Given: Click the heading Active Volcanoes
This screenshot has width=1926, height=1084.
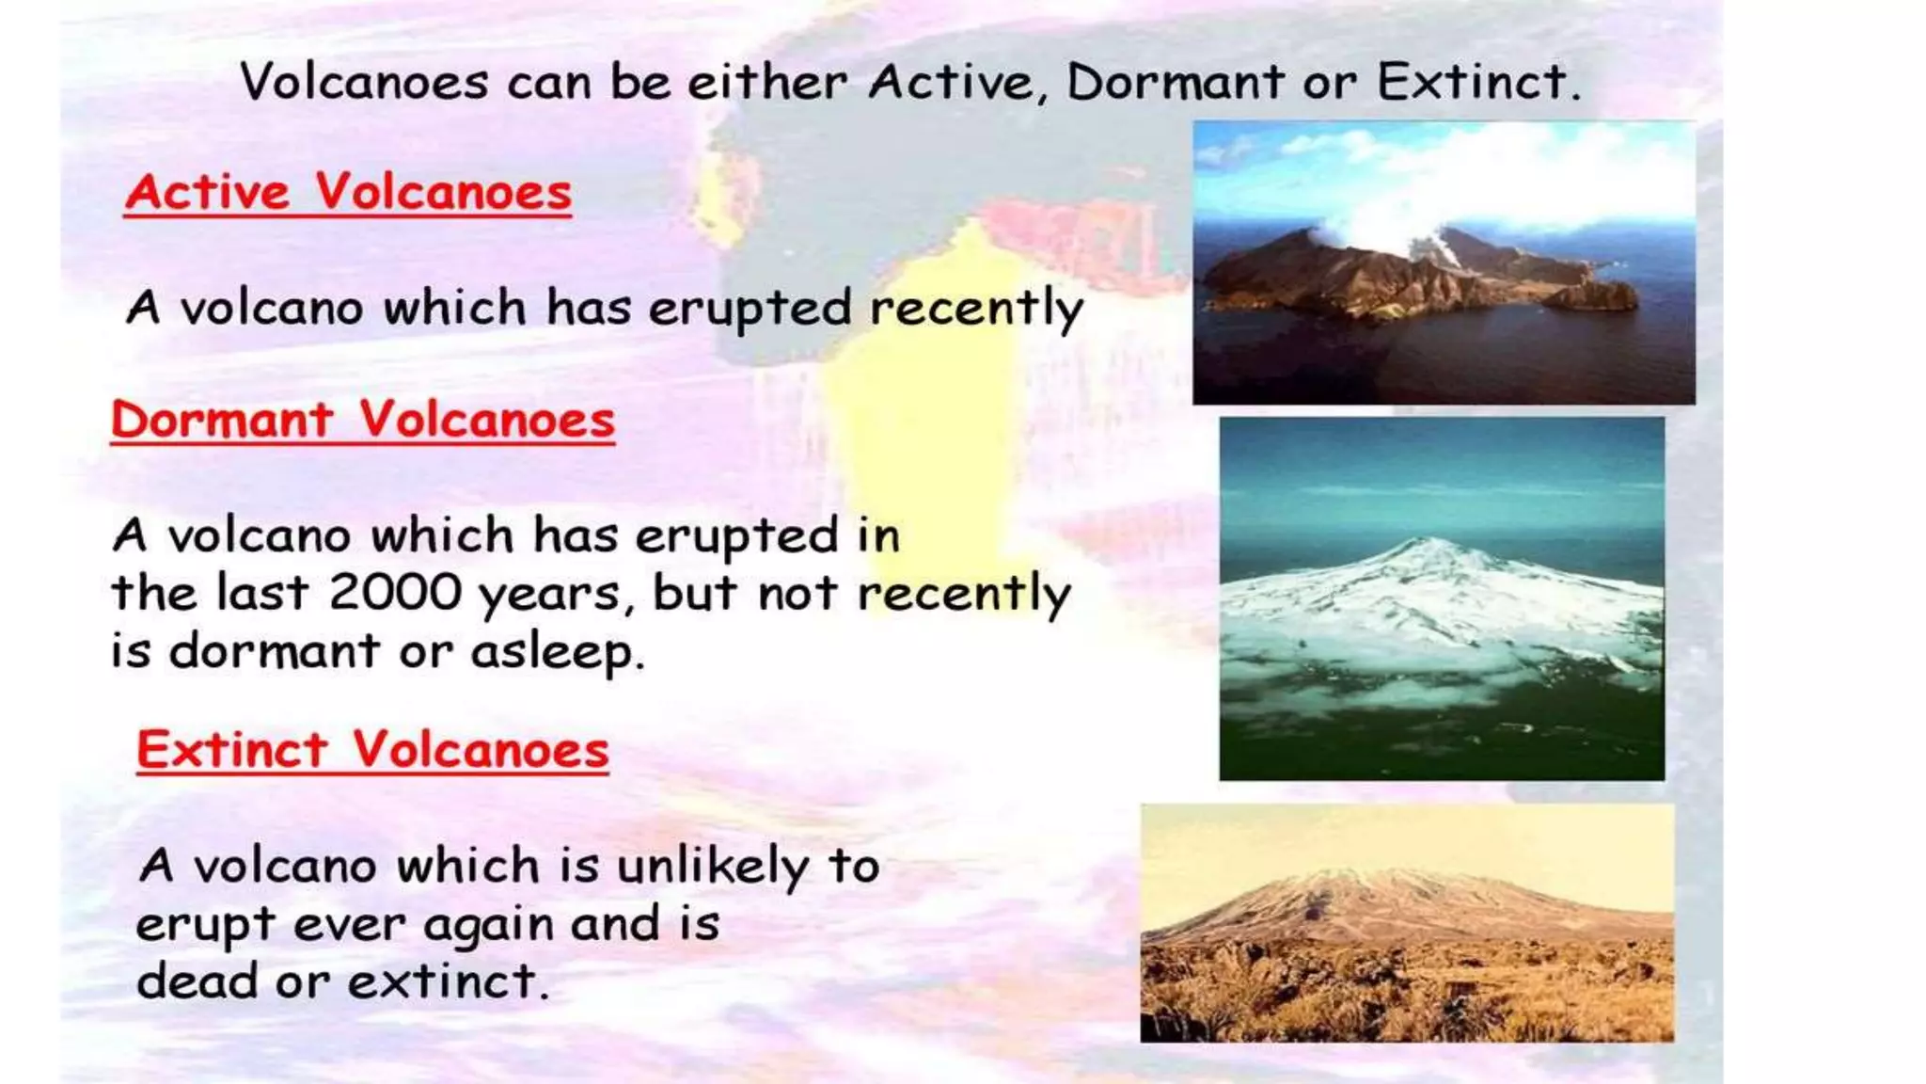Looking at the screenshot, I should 348,192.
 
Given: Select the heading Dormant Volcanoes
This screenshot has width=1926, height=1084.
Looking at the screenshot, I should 362,419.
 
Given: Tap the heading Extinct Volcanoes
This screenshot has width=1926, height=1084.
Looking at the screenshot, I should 372,750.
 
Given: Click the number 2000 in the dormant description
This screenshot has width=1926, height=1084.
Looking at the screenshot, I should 395,593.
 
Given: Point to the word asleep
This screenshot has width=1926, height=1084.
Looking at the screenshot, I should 557,651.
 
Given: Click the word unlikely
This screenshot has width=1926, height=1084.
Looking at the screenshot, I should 712,866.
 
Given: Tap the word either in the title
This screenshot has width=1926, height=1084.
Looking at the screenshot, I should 766,82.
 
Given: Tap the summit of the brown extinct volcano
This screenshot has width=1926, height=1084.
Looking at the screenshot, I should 1354,877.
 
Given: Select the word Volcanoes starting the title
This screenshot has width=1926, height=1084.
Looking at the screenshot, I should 364,82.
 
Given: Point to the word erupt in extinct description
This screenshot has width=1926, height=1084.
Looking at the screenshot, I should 204,925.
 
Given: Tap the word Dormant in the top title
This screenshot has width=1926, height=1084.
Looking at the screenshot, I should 1175,82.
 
